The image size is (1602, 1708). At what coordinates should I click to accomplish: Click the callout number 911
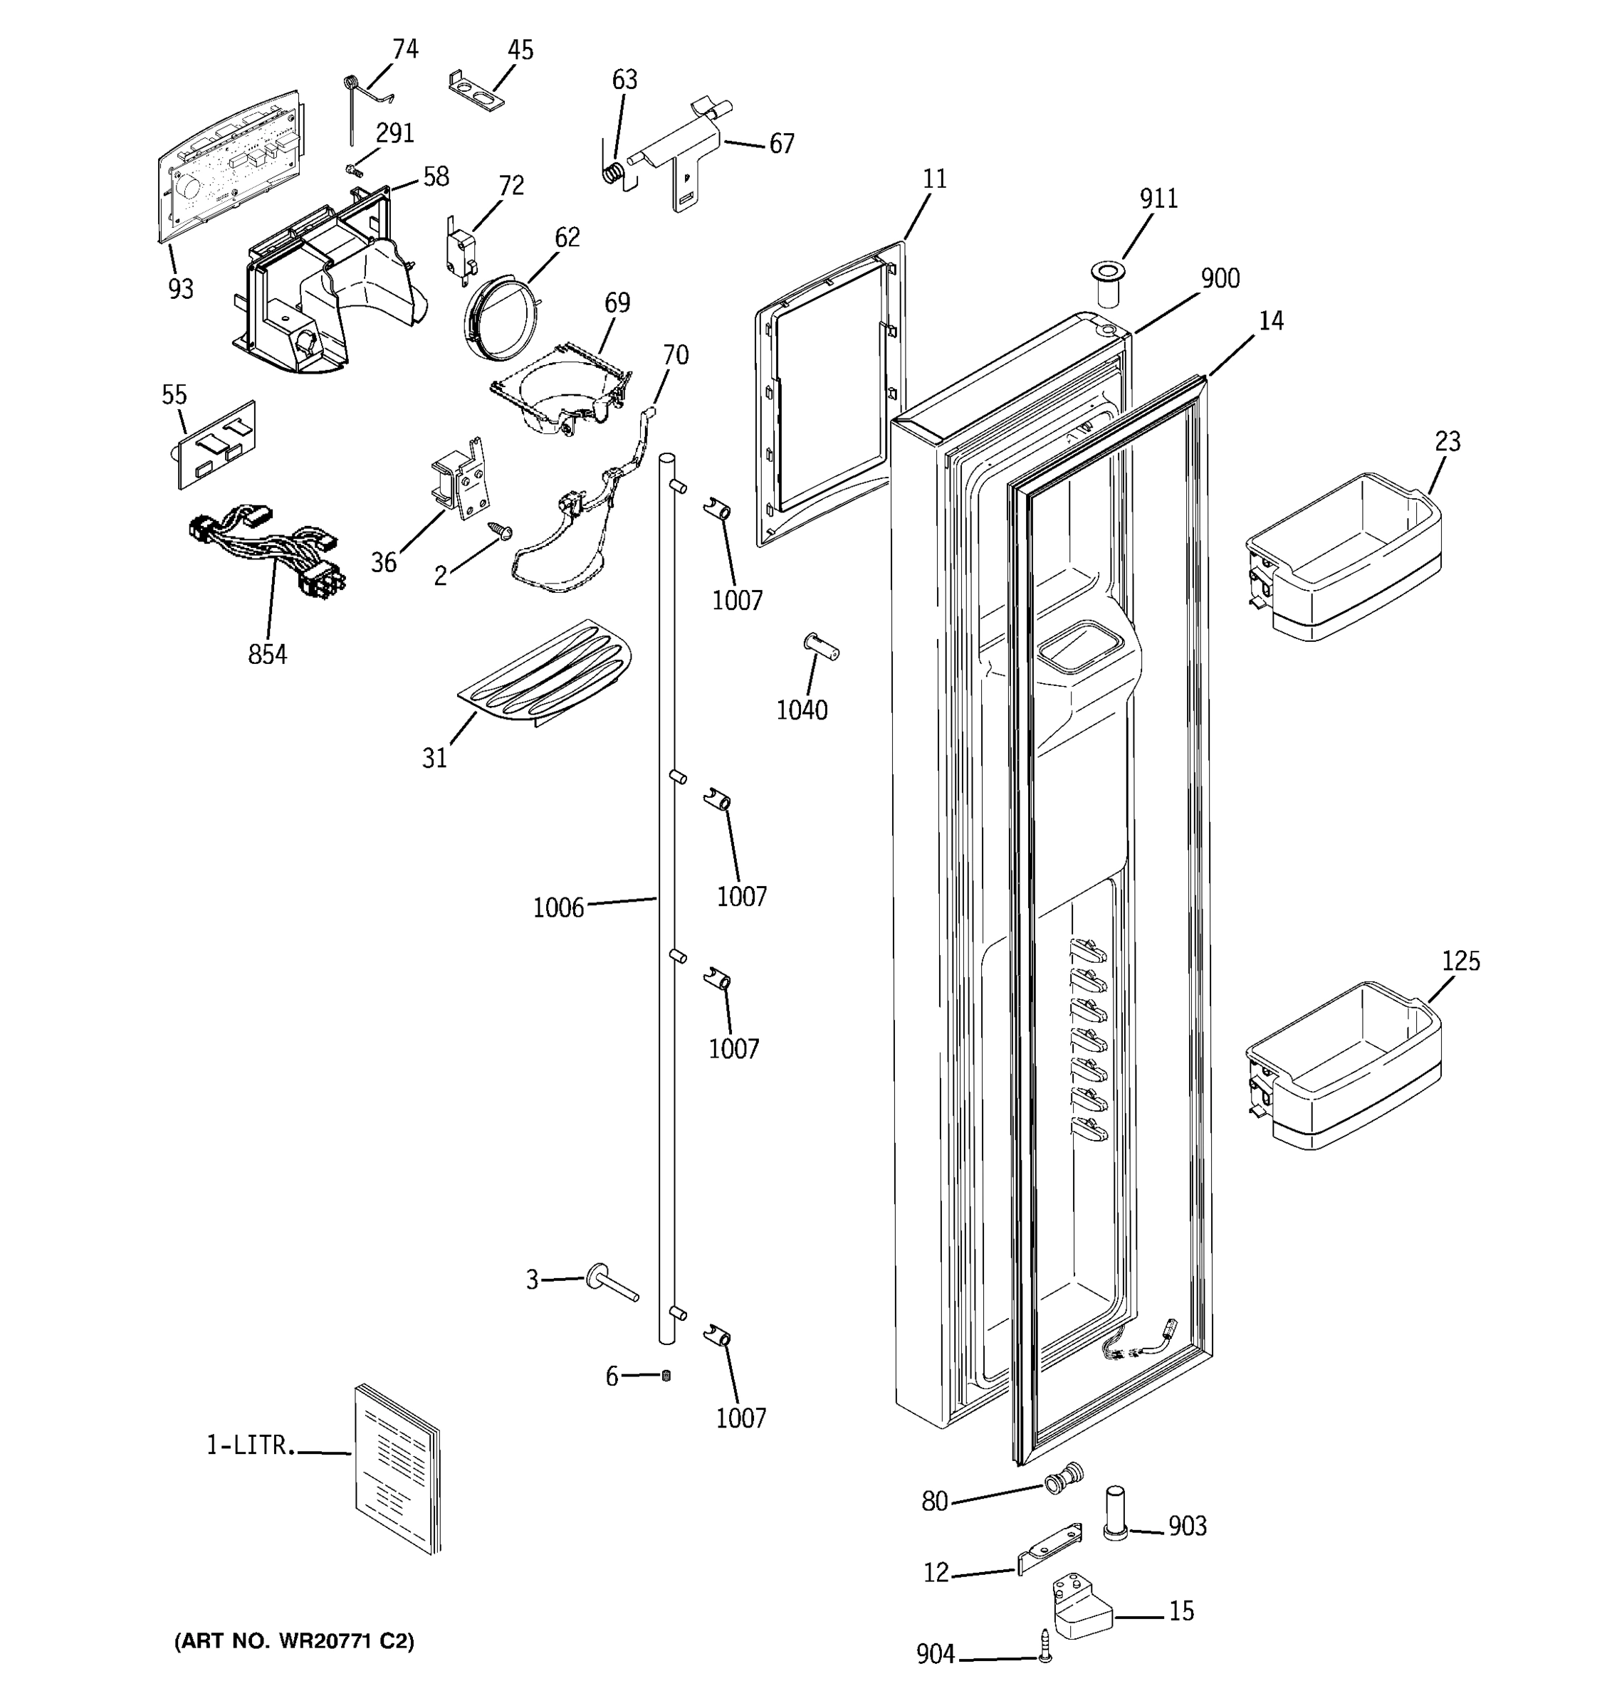pos(1158,199)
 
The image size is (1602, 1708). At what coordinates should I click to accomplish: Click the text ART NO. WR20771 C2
pos(294,1642)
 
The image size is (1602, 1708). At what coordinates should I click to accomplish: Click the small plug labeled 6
pos(666,1376)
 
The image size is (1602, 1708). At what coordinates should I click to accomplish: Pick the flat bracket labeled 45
pos(477,92)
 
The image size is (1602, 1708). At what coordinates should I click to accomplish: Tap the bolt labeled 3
pos(611,1284)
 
